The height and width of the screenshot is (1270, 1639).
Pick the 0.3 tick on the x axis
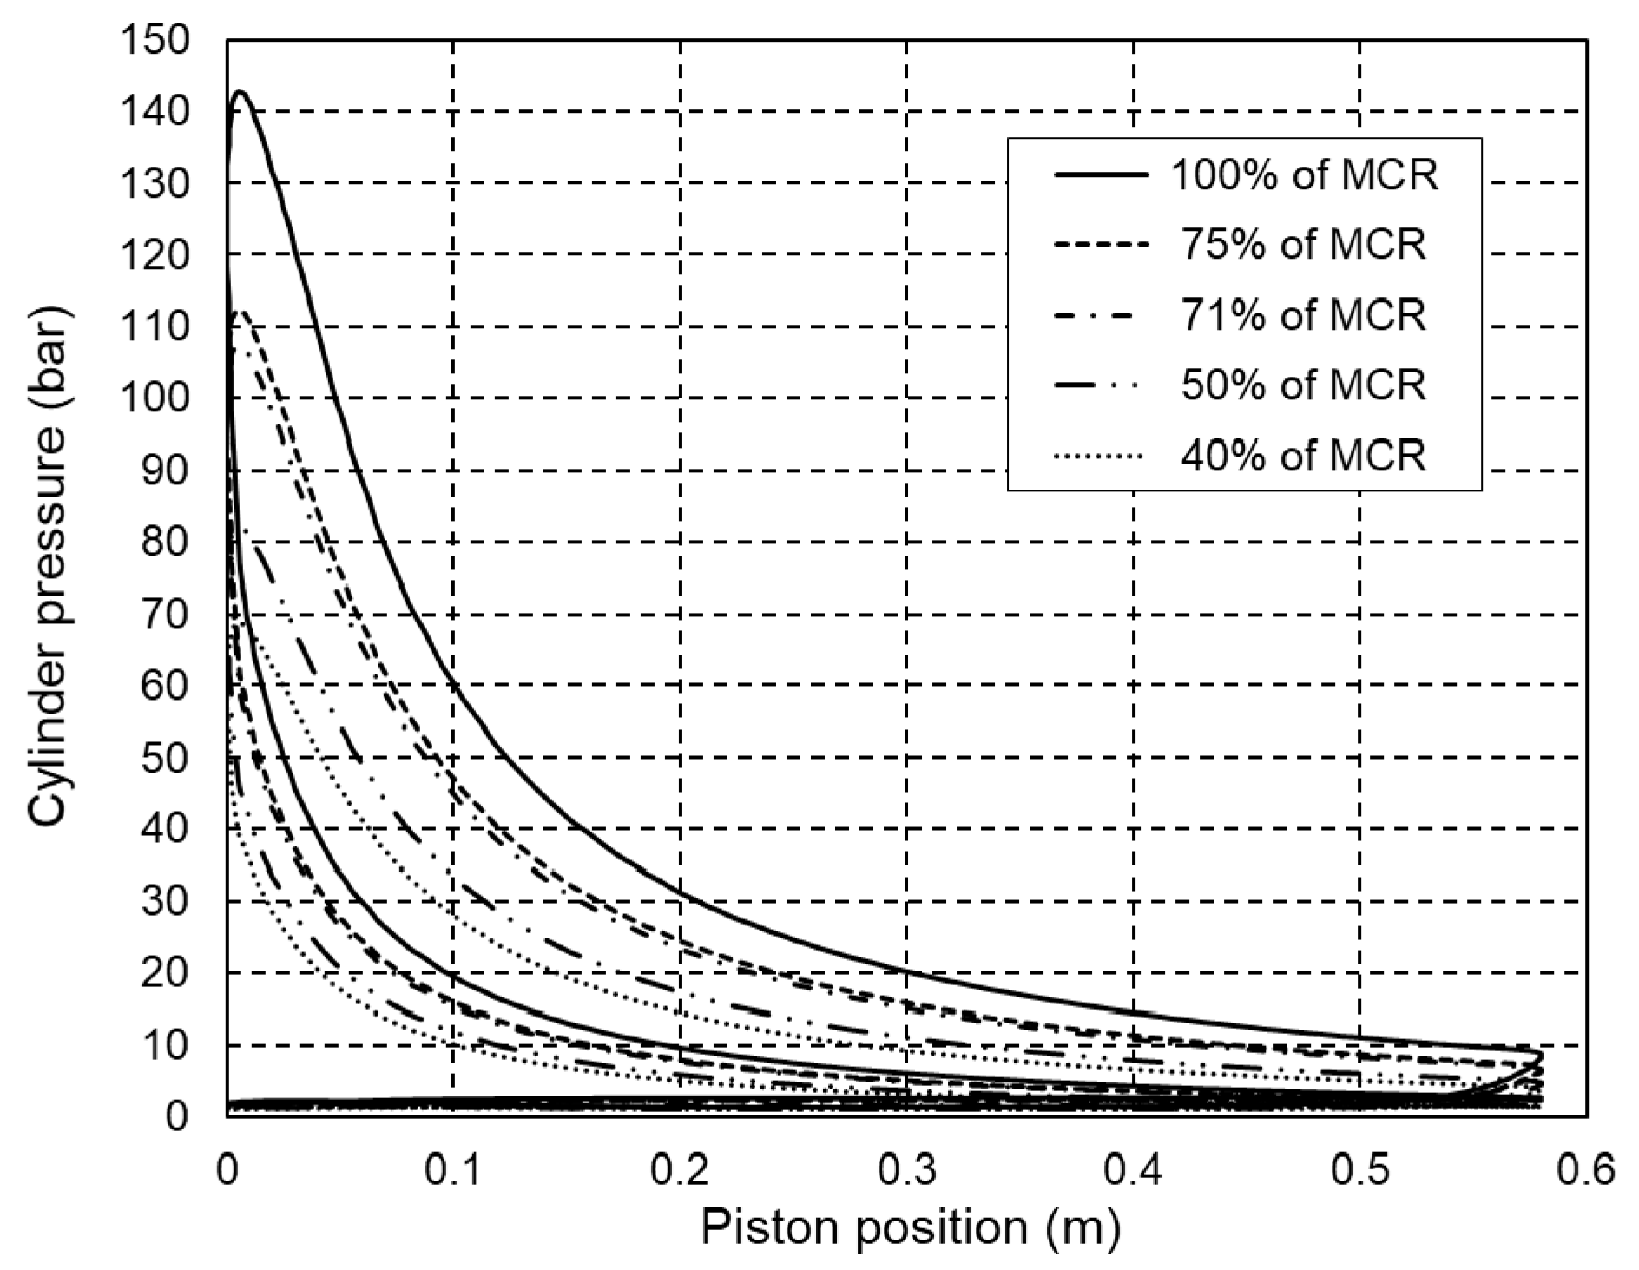tap(907, 1171)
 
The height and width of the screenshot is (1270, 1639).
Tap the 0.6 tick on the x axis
tap(1586, 1171)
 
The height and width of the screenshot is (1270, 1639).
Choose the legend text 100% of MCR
tap(1305, 175)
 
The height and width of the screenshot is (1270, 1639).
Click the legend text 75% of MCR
tap(1303, 245)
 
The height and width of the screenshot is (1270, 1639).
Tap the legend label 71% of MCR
tap(1303, 314)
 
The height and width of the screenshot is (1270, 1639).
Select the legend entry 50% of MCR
tap(1303, 384)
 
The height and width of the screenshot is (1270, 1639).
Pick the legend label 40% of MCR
tap(1303, 454)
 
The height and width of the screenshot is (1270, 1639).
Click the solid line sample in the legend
tap(1100, 175)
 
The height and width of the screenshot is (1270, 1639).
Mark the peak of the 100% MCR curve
tap(240, 91)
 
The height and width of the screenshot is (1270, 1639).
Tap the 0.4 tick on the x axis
tap(1134, 1171)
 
